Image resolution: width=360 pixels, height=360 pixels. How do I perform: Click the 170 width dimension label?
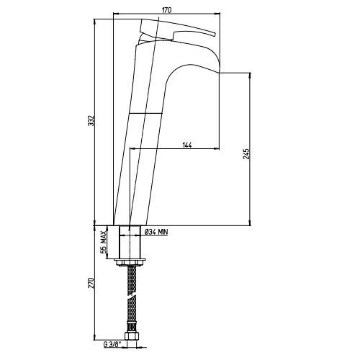point(166,10)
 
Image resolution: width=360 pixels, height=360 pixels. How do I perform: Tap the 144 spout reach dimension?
point(187,145)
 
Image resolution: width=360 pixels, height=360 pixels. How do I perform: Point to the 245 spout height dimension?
point(246,154)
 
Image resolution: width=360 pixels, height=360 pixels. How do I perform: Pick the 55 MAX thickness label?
point(103,242)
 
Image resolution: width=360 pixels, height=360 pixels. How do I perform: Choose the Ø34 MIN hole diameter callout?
point(156,232)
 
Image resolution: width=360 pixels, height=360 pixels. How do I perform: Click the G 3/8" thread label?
point(112,345)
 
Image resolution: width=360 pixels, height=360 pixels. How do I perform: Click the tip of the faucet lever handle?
point(215,34)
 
